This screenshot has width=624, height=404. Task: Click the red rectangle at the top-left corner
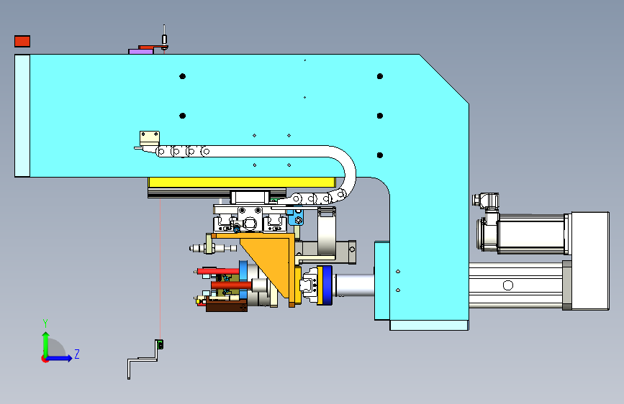22,42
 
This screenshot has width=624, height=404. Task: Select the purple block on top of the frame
141,52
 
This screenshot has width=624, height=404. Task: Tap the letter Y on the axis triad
45,323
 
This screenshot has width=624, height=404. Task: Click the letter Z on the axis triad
77,354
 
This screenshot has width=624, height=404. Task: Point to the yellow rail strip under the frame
242,183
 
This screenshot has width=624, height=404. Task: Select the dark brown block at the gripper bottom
227,306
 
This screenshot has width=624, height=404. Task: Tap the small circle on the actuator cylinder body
508,285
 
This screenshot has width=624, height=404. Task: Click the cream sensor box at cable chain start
150,138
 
